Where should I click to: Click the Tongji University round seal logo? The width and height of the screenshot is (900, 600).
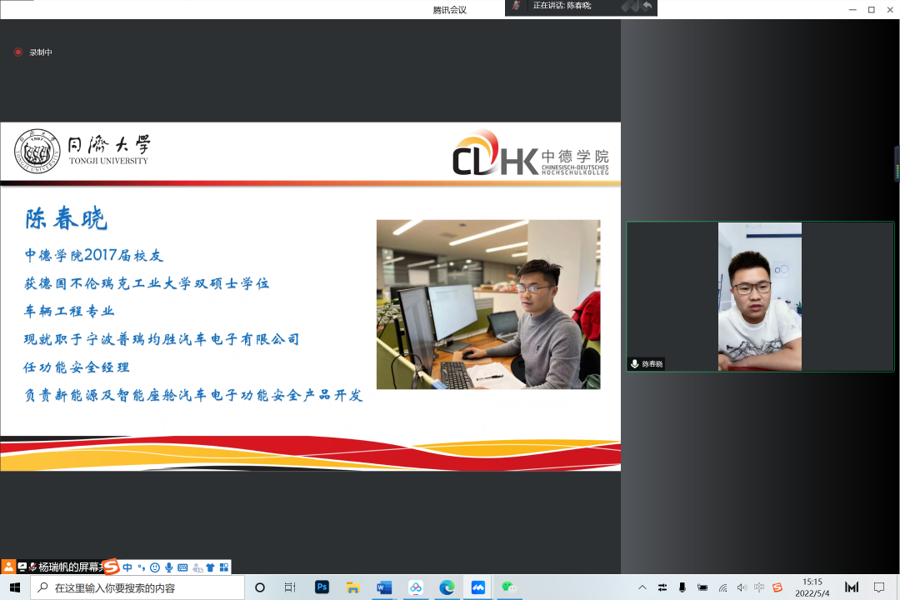(37, 152)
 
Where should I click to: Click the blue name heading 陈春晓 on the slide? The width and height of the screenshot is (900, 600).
(66, 219)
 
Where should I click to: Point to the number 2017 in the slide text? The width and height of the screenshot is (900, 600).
(101, 255)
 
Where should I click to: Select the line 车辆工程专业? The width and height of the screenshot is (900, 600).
(69, 311)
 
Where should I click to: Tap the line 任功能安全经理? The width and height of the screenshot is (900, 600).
(77, 367)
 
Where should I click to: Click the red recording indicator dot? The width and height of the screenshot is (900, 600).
(18, 52)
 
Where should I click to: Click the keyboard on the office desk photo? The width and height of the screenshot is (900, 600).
(457, 374)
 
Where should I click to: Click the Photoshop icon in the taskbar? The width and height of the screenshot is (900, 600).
(322, 587)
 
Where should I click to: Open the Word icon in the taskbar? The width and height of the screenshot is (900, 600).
(384, 587)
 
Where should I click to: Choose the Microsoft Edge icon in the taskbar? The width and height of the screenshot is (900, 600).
(447, 587)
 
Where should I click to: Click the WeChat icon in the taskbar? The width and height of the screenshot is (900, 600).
(508, 587)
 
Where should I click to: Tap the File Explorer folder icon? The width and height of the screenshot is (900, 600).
(353, 587)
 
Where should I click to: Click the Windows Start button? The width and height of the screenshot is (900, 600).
(15, 587)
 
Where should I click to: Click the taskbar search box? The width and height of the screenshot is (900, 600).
(137, 587)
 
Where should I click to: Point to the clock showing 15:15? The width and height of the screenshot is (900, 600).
(812, 582)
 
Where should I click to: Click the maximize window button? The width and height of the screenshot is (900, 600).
(872, 10)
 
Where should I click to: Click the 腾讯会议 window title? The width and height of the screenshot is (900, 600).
(449, 10)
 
